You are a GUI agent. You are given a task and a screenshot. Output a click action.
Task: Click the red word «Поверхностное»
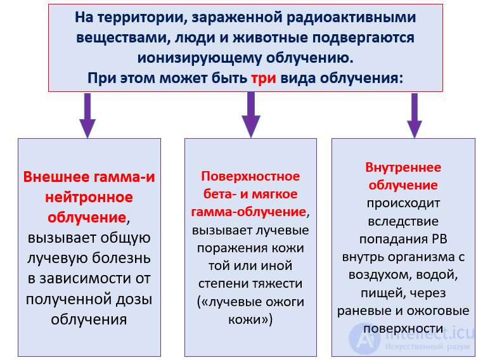[250, 176]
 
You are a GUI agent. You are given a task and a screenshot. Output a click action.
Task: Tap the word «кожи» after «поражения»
[290, 247]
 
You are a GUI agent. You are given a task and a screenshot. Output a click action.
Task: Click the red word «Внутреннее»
[403, 167]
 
